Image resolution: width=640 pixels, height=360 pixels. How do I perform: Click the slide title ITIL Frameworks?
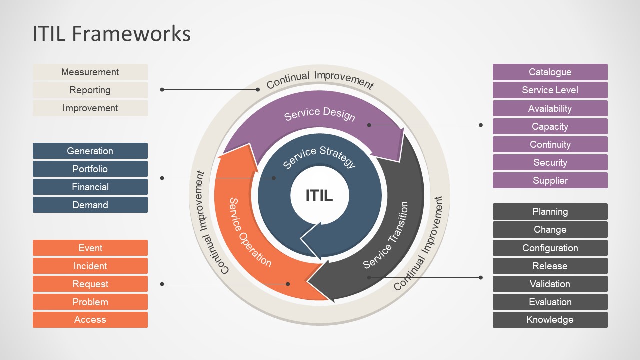click(111, 34)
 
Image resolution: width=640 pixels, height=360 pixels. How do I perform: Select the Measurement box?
click(90, 72)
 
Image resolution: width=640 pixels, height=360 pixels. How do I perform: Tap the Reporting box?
click(90, 90)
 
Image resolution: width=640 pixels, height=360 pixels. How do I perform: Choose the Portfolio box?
click(90, 169)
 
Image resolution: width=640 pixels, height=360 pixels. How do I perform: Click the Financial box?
click(90, 187)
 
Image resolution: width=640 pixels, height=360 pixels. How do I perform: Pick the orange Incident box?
click(90, 266)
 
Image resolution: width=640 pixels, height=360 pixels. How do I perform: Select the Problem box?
click(90, 302)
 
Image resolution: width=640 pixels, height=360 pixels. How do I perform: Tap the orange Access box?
click(90, 320)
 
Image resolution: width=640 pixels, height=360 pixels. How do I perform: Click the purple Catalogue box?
click(550, 72)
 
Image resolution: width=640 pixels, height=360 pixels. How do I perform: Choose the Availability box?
click(550, 108)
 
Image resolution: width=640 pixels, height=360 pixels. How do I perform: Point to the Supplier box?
click(550, 180)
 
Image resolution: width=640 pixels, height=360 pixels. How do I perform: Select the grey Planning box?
click(550, 212)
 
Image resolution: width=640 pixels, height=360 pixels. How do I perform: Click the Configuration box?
click(550, 248)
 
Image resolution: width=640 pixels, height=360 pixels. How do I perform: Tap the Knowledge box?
click(550, 320)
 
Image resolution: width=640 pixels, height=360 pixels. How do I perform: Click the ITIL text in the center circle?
click(319, 196)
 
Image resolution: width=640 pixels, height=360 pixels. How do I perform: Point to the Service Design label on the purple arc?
click(320, 114)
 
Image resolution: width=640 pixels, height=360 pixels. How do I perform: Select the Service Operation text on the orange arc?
click(250, 233)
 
